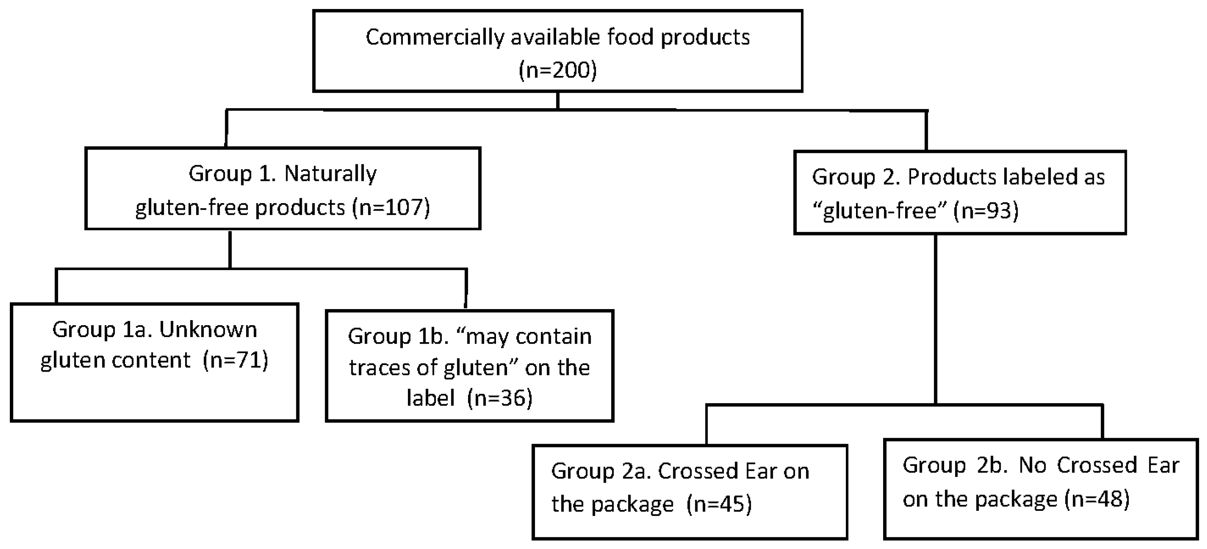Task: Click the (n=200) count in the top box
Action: pyautogui.click(x=558, y=70)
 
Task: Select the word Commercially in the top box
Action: pyautogui.click(x=434, y=37)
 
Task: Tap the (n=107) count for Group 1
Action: pyautogui.click(x=391, y=207)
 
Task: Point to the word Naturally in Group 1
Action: pyautogui.click(x=330, y=174)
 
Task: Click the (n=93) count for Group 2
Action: pyautogui.click(x=986, y=210)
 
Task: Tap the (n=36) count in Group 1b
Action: pyautogui.click(x=500, y=398)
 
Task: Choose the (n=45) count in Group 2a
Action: pyautogui.click(x=719, y=504)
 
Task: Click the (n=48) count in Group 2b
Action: pyautogui.click(x=1097, y=499)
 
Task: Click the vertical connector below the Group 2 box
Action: pyautogui.click(x=935, y=319)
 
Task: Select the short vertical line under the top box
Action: pyautogui.click(x=558, y=100)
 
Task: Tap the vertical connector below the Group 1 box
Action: pyautogui.click(x=230, y=249)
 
